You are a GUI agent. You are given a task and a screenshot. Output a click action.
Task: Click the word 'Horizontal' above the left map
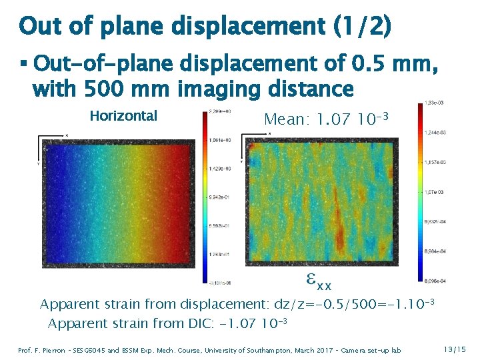pos(123,116)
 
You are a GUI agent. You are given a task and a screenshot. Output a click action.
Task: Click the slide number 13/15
pos(455,349)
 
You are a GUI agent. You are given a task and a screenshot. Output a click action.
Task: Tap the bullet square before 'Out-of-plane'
pos(24,65)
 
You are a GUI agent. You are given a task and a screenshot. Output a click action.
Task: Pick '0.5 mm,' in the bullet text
pos(393,65)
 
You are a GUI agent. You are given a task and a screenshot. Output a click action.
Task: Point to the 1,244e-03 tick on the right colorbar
pos(436,133)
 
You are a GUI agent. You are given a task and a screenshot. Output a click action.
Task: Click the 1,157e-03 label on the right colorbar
pos(436,162)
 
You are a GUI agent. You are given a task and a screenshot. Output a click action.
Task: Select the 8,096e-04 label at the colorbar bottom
pos(436,281)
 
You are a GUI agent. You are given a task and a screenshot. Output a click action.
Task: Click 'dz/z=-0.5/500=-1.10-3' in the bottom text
pos(355,304)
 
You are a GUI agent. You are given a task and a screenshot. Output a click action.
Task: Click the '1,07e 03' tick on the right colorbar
pos(436,192)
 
